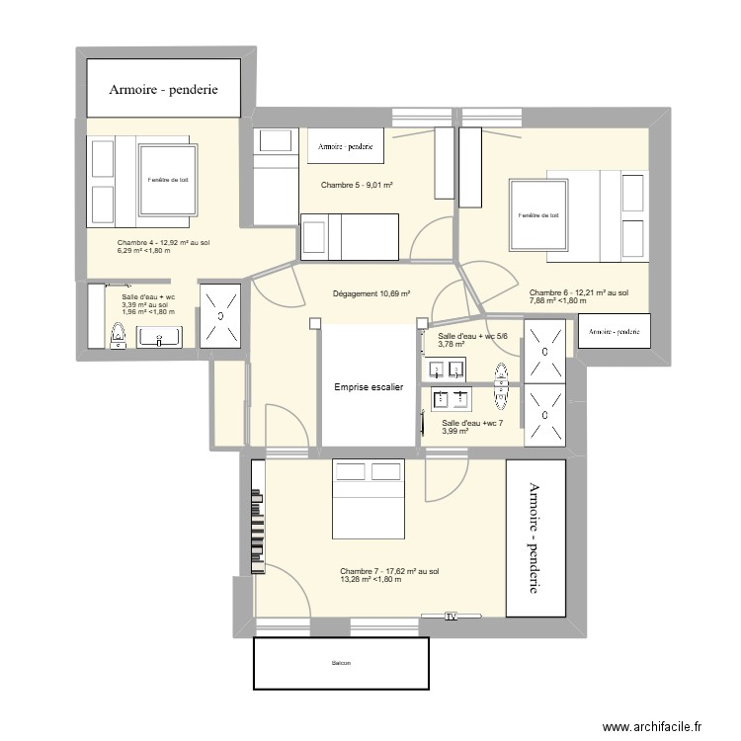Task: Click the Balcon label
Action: pos(341,663)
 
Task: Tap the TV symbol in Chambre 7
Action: pos(452,617)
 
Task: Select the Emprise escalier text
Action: pos(369,388)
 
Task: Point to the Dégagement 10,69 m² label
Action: pos(371,293)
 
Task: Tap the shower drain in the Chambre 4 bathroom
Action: pos(220,316)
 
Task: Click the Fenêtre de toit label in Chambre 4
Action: pos(164,180)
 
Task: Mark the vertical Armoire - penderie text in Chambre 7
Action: pos(535,537)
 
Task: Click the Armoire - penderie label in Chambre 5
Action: pos(345,148)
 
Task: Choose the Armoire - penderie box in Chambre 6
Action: pos(614,332)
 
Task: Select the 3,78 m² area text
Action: pos(452,345)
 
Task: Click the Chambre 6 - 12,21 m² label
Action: pos(579,292)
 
